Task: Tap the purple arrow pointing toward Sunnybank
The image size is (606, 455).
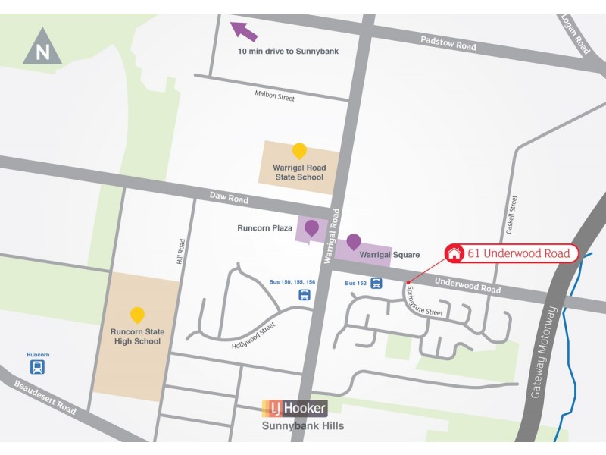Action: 244,31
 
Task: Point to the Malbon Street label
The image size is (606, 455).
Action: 275,96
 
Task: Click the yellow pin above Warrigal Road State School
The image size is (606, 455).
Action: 299,151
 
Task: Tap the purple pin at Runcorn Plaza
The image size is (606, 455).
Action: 311,227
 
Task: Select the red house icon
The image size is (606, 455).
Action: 454,253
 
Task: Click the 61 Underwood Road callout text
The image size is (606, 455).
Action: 518,253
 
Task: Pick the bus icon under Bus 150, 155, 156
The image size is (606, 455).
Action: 305,295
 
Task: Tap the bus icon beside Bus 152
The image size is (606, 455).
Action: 376,284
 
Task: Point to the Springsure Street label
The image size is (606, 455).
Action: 423,302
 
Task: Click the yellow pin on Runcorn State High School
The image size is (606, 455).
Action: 137,314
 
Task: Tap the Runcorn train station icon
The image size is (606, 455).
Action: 37,368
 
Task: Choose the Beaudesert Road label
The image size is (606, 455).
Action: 45,397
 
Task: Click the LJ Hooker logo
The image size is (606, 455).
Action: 295,408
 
